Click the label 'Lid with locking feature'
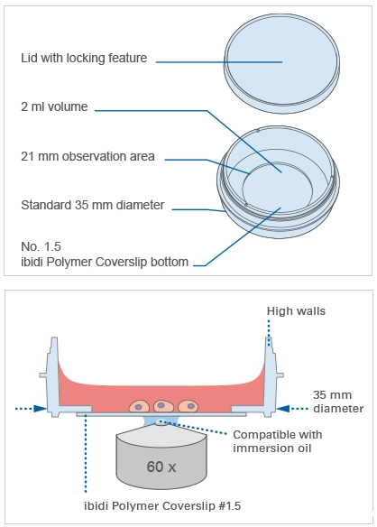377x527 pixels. click(84, 58)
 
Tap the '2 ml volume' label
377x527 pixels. click(54, 106)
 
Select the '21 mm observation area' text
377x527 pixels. click(87, 156)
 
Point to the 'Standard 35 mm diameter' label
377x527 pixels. click(93, 205)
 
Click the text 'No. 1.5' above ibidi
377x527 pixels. click(41, 246)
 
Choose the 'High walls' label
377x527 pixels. click(296, 311)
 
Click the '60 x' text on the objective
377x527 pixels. click(161, 467)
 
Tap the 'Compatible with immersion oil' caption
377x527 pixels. click(278, 441)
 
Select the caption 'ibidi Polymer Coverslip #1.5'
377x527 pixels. click(162, 506)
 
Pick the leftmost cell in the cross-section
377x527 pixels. click(139, 406)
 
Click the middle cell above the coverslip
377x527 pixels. click(163, 406)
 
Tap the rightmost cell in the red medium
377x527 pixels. click(188, 406)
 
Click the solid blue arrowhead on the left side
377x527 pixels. click(41, 409)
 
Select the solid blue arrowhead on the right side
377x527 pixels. click(283, 409)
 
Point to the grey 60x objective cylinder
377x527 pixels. click(161, 458)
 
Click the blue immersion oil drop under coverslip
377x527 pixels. click(161, 421)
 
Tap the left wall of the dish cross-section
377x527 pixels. click(53, 376)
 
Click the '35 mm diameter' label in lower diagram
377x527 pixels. click(338, 402)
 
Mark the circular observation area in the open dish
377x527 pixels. click(278, 189)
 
